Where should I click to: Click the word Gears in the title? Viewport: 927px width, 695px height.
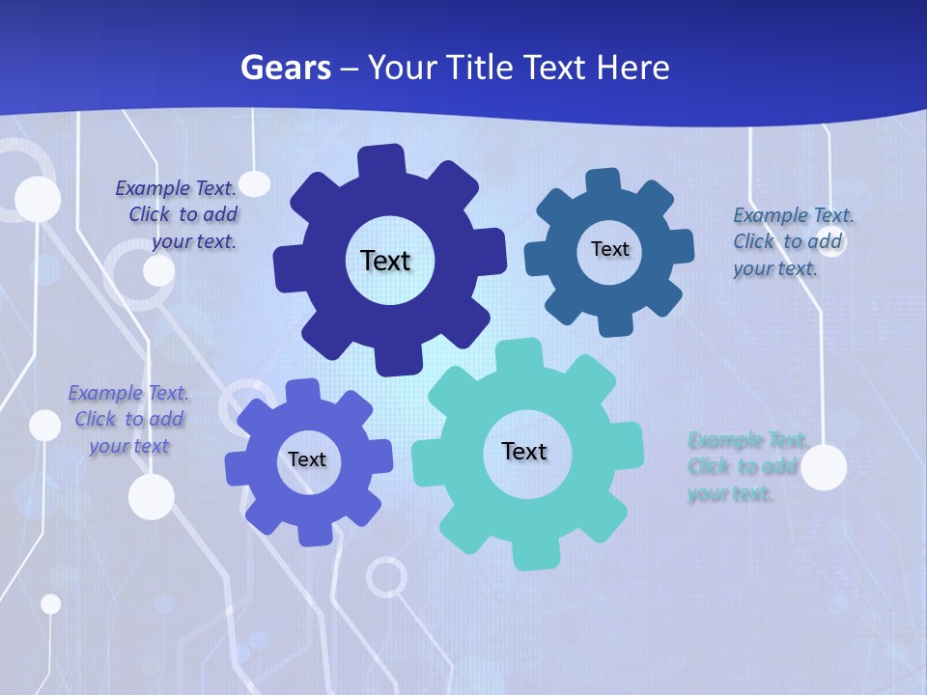pos(285,68)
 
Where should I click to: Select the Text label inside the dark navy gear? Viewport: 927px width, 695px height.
pos(385,261)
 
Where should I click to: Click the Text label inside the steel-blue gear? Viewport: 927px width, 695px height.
pos(609,249)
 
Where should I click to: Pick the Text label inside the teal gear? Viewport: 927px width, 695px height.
pos(524,451)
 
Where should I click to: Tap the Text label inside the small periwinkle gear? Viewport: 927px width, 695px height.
pos(307,460)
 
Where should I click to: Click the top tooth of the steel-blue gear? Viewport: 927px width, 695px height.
pos(603,181)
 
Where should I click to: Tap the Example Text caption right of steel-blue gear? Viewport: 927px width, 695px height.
pos(792,241)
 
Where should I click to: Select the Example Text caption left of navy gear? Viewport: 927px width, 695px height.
pos(179,214)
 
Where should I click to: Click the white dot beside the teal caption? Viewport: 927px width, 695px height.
pos(824,468)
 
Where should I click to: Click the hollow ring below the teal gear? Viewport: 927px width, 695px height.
pos(386,577)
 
